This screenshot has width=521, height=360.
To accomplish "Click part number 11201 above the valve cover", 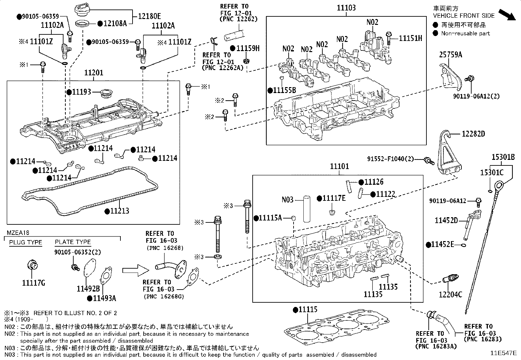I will (94, 73).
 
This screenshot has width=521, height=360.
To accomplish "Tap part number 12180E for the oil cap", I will (149, 15).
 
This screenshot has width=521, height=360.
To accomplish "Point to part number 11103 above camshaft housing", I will (346, 8).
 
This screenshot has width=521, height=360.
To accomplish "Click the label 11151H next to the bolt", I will (410, 38).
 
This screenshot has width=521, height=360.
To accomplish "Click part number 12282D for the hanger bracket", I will (473, 134).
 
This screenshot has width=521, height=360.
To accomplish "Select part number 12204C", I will (450, 294).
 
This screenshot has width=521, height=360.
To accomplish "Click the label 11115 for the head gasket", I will (307, 309).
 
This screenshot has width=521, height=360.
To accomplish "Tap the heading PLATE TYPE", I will (73, 242).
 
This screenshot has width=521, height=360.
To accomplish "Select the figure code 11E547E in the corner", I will (503, 353).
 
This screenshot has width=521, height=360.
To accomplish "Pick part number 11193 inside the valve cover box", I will (81, 92).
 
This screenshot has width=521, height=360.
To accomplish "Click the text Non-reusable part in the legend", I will (465, 33).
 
